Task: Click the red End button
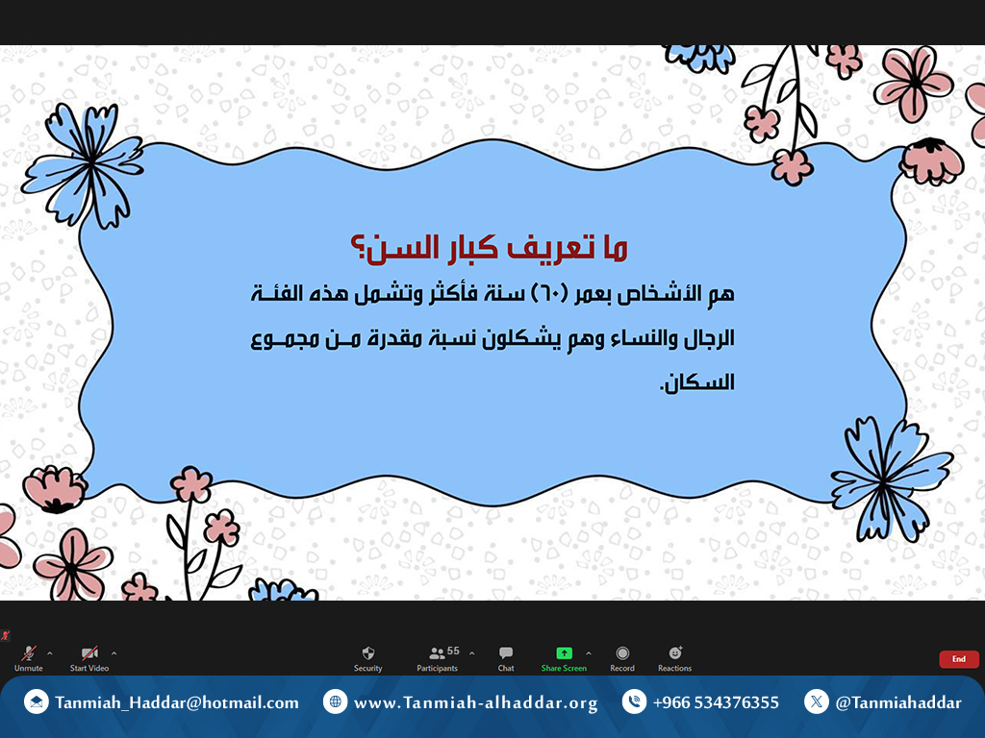click(959, 659)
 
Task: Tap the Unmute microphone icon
click(28, 653)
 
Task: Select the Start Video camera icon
click(89, 653)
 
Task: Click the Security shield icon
click(368, 653)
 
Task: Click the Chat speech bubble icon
click(506, 653)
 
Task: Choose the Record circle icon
click(622, 653)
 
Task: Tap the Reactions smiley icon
click(675, 652)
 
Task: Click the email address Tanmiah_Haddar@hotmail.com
click(177, 702)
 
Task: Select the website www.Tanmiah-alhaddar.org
click(475, 702)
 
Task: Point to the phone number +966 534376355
click(716, 702)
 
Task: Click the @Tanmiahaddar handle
click(898, 702)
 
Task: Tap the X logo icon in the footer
click(816, 701)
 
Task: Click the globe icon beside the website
click(335, 701)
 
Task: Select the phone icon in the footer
click(634, 701)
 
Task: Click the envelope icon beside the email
click(36, 701)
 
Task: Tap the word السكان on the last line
click(696, 381)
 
